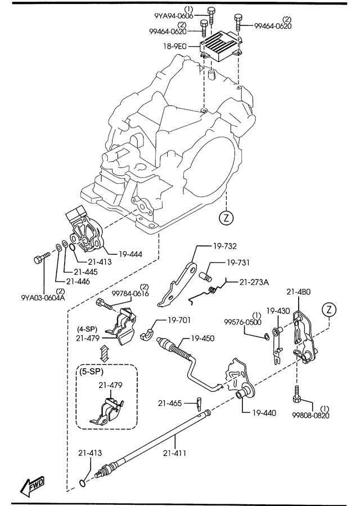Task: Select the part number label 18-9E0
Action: click(x=175, y=47)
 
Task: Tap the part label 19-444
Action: click(x=130, y=255)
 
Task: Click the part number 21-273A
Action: click(x=254, y=282)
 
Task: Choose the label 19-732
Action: click(x=224, y=247)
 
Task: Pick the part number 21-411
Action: click(x=175, y=453)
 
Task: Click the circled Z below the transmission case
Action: click(x=226, y=218)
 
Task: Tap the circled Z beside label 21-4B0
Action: click(x=329, y=310)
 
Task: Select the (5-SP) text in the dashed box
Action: click(x=91, y=372)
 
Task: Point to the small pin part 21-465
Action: click(x=199, y=402)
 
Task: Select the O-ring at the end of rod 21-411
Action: click(x=83, y=483)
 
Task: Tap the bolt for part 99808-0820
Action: click(x=296, y=394)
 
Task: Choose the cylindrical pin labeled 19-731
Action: click(x=206, y=276)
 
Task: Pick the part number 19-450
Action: click(x=202, y=338)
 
